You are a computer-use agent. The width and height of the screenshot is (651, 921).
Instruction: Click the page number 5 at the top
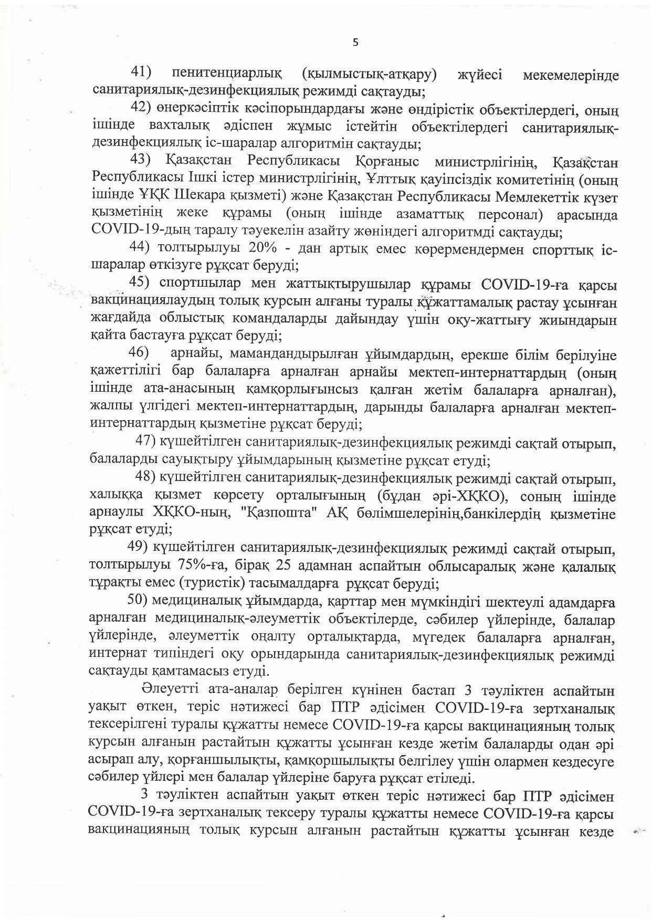coord(355,44)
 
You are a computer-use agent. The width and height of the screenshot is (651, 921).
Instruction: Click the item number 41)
coord(141,74)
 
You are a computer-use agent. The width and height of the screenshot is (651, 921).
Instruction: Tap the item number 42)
coord(141,108)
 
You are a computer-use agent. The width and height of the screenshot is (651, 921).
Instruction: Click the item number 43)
coord(140,160)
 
